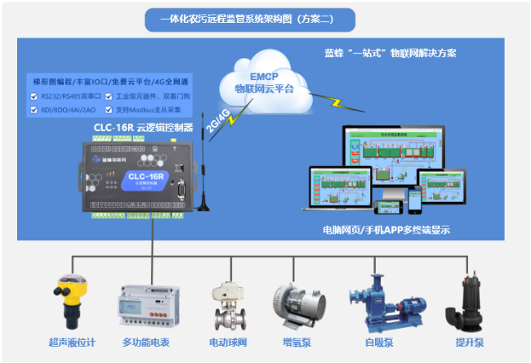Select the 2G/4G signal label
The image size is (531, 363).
click(218, 116)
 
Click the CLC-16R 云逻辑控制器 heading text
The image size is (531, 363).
click(142, 128)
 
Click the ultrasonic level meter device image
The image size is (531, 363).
click(73, 300)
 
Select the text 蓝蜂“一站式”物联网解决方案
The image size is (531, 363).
click(390, 52)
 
